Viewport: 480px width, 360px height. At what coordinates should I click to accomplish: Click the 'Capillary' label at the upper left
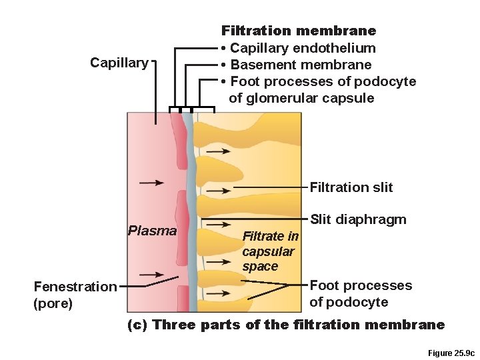pos(119,63)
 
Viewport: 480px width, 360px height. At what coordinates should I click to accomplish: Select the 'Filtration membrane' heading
pos(299,31)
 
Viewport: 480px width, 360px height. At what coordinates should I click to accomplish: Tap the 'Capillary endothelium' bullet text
pos(302,48)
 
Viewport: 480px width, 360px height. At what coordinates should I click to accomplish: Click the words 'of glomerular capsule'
pos(301,98)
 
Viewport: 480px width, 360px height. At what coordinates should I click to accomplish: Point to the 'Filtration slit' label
pos(351,187)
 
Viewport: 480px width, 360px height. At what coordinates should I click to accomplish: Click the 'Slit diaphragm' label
pos(358,220)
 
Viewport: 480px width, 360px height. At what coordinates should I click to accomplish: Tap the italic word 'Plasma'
pos(152,231)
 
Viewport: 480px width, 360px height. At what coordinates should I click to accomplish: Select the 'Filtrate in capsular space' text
pos(269,251)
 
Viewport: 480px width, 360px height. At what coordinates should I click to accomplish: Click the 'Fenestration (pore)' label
pos(75,295)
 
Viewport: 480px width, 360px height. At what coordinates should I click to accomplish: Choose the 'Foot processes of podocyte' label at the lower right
pos(361,293)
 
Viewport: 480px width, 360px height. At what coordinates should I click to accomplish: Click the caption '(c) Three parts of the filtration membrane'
pos(285,325)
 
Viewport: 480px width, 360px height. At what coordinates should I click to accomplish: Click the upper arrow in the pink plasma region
pos(152,182)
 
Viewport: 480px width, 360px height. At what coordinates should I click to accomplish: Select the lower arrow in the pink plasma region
pos(151,274)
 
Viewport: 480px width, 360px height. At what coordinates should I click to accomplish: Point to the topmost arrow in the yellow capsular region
pos(218,151)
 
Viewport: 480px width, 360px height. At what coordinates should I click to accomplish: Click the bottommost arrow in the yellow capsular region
pos(217,298)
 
